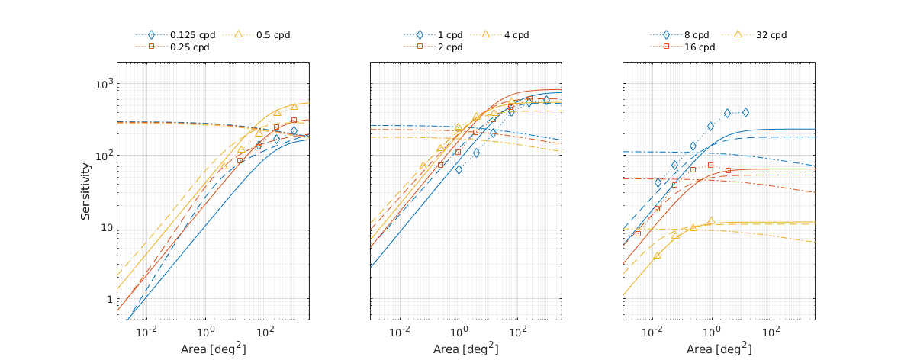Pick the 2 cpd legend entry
tap(449, 47)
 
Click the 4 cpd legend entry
tap(516, 35)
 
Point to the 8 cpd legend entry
tap(697, 35)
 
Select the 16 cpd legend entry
tap(700, 47)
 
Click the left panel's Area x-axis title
tap(212, 349)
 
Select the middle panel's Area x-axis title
tap(465, 349)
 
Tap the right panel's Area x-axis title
tap(718, 349)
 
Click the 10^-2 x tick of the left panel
tap(146, 333)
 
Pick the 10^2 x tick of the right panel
tap(771, 333)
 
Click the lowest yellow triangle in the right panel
tap(657, 256)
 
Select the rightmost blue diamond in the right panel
tap(745, 112)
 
